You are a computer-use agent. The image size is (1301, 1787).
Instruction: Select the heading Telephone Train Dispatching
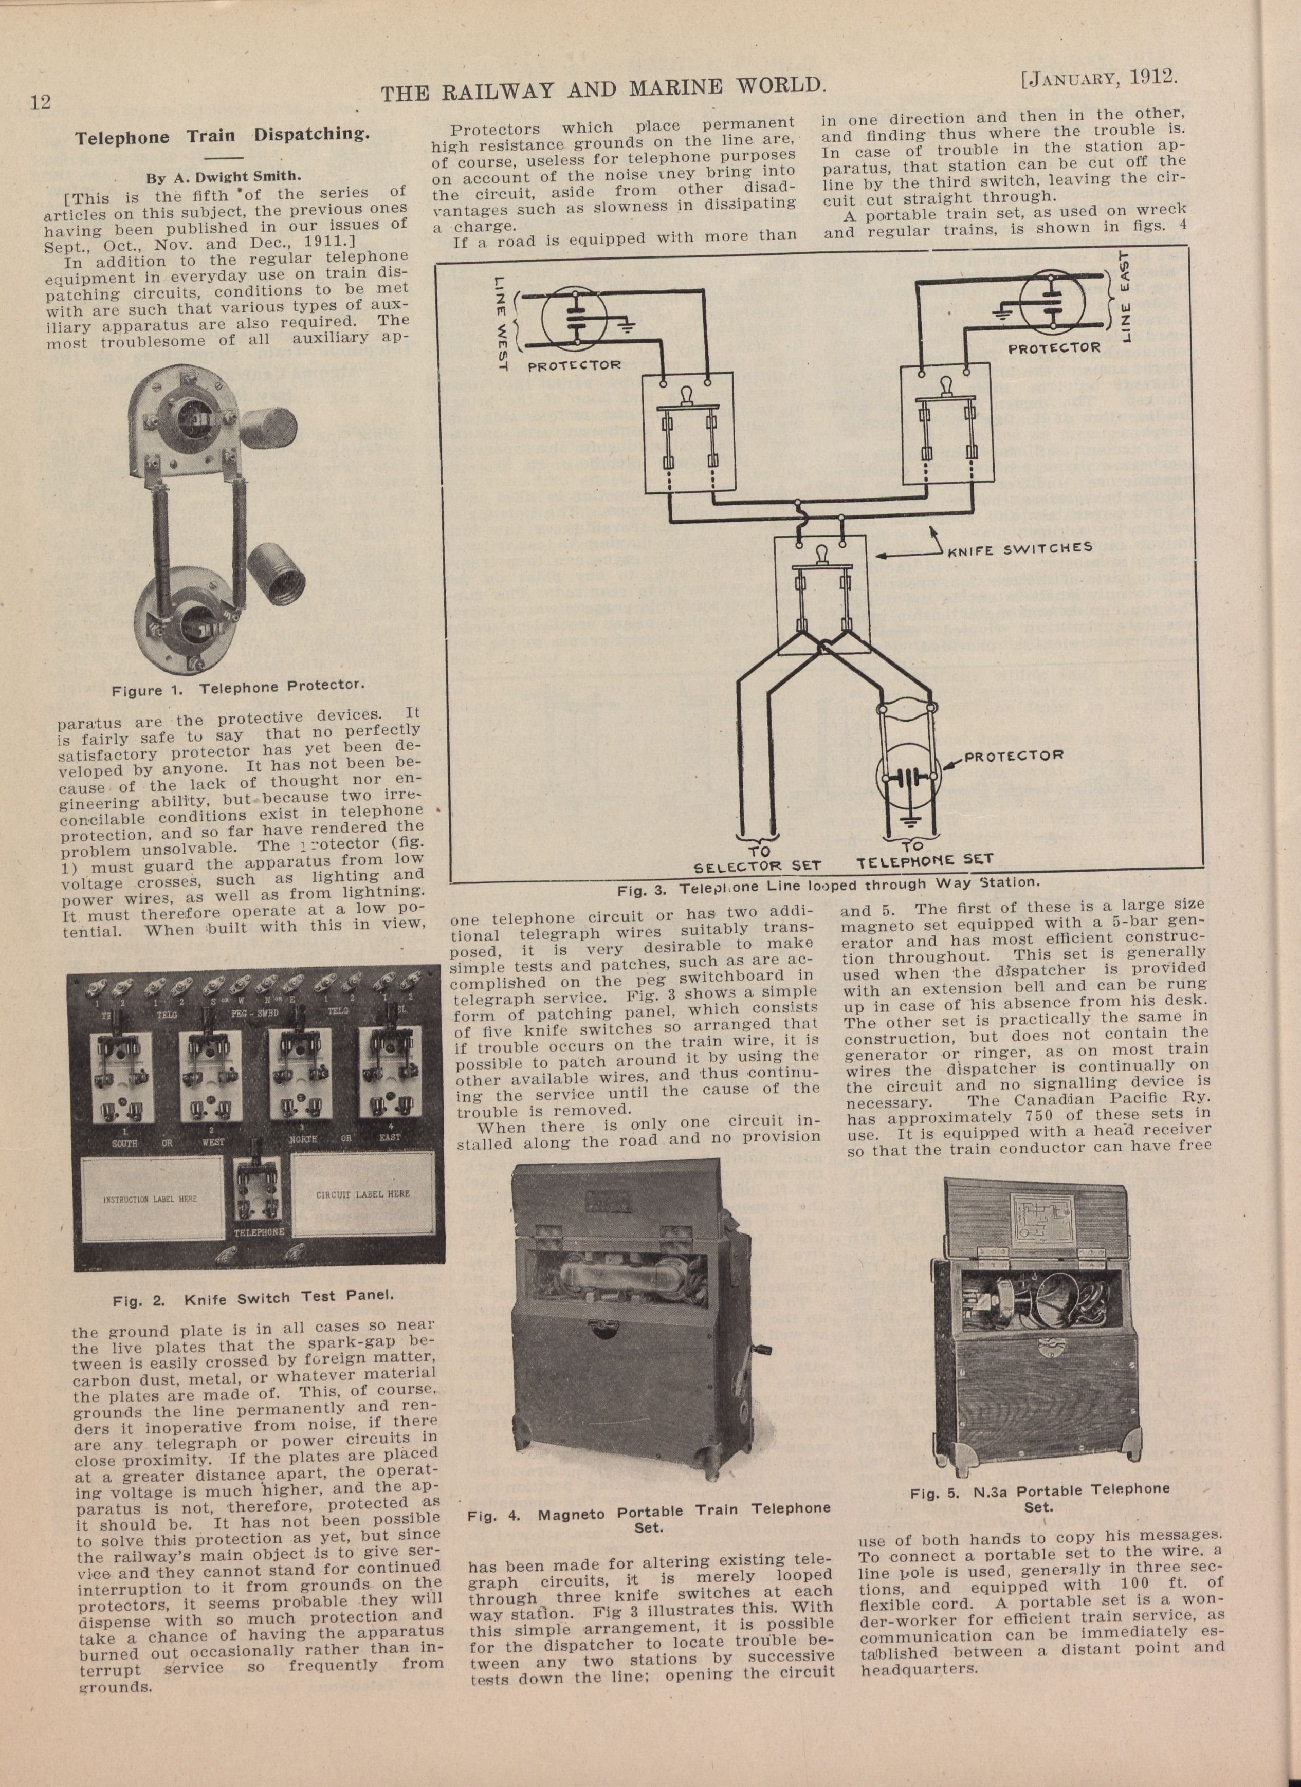(x=222, y=136)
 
